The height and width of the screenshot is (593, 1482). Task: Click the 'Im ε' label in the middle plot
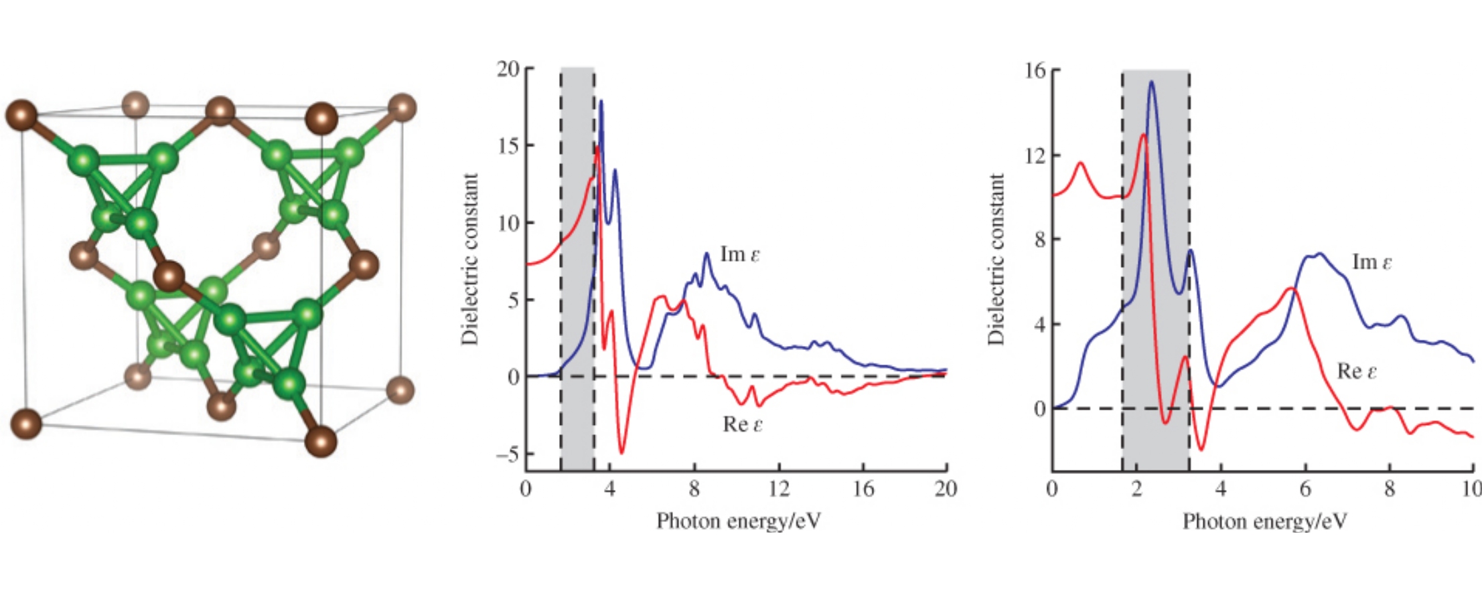tap(740, 254)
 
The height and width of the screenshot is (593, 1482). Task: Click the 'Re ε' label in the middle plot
tap(743, 424)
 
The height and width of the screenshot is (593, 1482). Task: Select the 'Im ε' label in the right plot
tap(1372, 262)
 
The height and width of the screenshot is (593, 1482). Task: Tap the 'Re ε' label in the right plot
tap(1357, 371)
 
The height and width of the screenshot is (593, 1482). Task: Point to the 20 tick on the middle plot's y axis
tap(508, 69)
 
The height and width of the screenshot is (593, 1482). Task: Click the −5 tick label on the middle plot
tap(507, 454)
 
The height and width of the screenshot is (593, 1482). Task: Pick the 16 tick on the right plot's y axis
tap(1035, 70)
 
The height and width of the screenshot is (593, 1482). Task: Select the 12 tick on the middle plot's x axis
tap(779, 489)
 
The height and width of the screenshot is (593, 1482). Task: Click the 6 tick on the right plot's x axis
tap(1305, 489)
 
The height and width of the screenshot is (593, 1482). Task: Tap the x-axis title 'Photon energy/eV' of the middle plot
tap(738, 521)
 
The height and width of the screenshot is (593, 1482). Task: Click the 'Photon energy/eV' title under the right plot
tap(1264, 521)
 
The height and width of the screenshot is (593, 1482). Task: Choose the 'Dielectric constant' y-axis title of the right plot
tap(996, 260)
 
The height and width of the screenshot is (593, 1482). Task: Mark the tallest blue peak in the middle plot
tap(601, 101)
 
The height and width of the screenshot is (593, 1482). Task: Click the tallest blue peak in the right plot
tap(1152, 82)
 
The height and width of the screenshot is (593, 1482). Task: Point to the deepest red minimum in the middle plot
tap(621, 453)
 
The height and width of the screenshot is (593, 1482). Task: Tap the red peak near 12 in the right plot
tap(1142, 135)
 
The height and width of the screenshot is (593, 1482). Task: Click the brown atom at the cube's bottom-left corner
tap(26, 424)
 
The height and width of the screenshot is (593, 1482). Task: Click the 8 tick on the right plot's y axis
tap(1039, 240)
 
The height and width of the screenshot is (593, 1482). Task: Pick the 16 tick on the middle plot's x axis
tap(863, 489)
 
